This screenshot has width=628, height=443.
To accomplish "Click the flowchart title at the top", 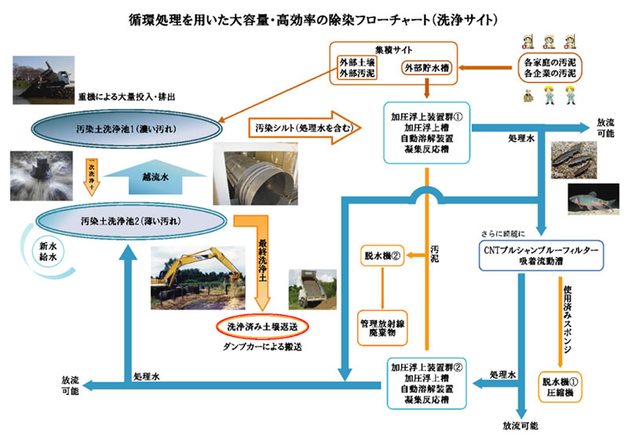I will [x=314, y=17].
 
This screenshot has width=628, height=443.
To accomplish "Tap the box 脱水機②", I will [x=381, y=256].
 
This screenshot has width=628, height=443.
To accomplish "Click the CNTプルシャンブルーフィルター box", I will [x=540, y=255].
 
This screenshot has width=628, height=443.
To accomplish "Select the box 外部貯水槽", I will [x=423, y=68].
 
